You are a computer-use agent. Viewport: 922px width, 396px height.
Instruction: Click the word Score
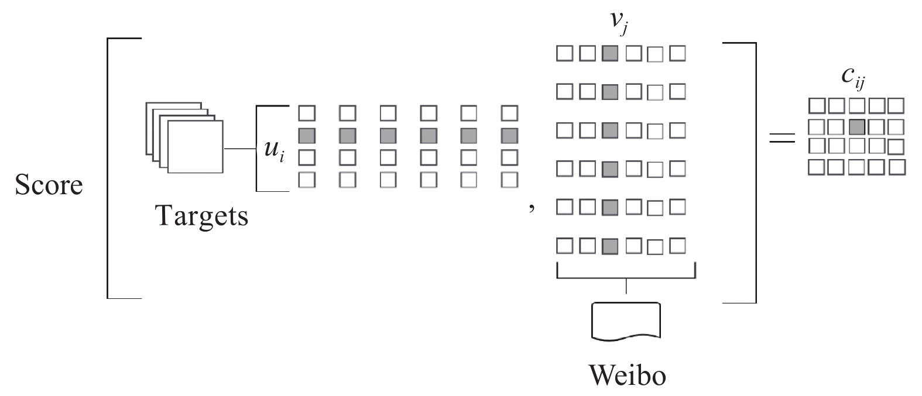point(49,185)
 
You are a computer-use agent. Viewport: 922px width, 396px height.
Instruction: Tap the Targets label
point(201,216)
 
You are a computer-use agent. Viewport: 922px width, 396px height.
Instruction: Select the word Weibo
point(628,375)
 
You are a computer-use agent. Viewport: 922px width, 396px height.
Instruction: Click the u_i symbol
point(274,150)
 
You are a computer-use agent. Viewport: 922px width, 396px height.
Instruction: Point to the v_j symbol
point(619,23)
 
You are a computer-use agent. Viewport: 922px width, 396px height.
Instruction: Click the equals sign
point(782,138)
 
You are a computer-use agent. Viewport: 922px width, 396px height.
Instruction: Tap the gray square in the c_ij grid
point(857,127)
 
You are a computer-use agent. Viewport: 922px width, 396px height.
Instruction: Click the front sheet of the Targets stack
point(196,147)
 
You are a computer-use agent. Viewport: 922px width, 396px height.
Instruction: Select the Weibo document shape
point(626,322)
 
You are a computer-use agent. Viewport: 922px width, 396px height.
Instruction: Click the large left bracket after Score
point(108,168)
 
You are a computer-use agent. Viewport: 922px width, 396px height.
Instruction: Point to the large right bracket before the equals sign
point(756,173)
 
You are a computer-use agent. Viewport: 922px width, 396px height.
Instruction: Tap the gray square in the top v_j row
point(610,53)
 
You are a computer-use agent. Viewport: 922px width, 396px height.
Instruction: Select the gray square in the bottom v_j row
point(610,246)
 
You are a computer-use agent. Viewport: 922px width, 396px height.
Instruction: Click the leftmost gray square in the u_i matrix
point(307,136)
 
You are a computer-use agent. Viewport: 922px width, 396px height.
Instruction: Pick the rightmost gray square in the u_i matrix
point(509,136)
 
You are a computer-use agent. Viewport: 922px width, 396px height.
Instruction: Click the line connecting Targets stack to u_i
point(239,149)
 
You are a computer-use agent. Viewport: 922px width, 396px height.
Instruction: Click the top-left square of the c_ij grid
point(817,106)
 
